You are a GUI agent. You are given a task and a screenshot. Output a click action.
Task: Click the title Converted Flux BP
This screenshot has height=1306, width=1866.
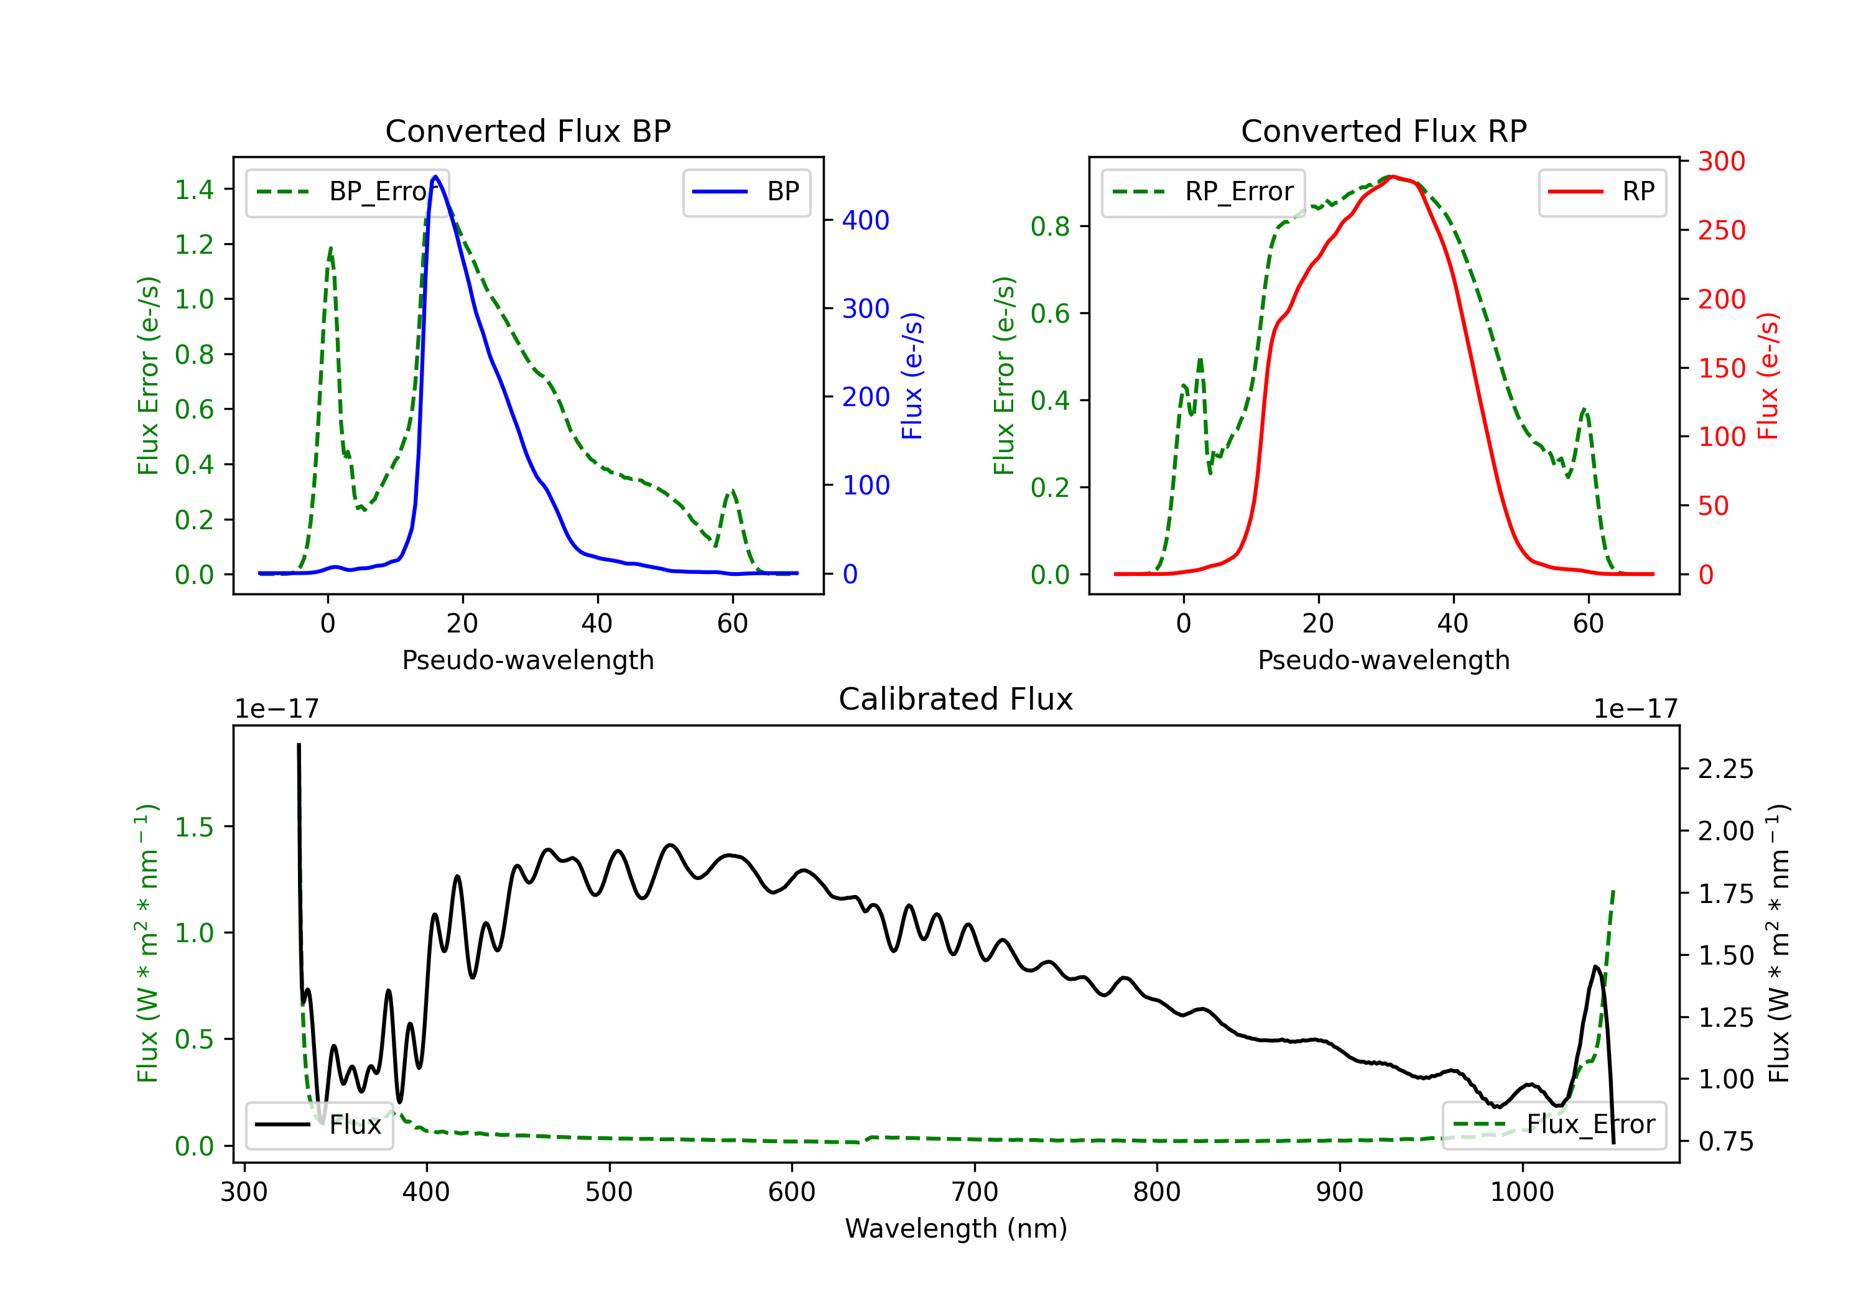pyautogui.click(x=527, y=131)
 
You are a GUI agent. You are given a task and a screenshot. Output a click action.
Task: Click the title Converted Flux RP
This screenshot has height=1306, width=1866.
pyautogui.click(x=1383, y=131)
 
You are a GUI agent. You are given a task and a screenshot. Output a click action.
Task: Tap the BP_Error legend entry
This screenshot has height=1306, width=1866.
pyautogui.click(x=348, y=192)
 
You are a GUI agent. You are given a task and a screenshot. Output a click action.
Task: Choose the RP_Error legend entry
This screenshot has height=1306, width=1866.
pyautogui.click(x=1204, y=192)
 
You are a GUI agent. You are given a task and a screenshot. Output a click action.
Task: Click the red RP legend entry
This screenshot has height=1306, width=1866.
pyautogui.click(x=1602, y=192)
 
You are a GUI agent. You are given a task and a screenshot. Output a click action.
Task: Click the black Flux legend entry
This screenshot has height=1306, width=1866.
pyautogui.click(x=320, y=1125)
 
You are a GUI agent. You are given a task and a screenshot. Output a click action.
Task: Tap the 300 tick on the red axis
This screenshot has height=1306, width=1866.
pyautogui.click(x=1721, y=161)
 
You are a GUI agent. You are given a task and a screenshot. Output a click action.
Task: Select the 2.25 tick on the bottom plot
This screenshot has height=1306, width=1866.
pyautogui.click(x=1725, y=769)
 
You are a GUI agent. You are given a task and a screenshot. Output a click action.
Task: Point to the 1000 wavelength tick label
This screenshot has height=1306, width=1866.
pyautogui.click(x=1521, y=1192)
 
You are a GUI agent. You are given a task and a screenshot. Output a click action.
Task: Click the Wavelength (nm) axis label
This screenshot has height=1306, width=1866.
pyautogui.click(x=956, y=1229)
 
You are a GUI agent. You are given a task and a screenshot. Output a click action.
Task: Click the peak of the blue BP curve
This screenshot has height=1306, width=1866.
pyautogui.click(x=435, y=177)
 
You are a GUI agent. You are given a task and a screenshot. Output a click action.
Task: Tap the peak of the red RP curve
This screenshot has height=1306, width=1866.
pyautogui.click(x=1392, y=177)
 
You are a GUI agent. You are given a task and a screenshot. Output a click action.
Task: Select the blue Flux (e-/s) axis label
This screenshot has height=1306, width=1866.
pyautogui.click(x=912, y=376)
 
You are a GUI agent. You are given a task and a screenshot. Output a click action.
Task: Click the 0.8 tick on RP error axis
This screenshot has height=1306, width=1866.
pyautogui.click(x=1050, y=227)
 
